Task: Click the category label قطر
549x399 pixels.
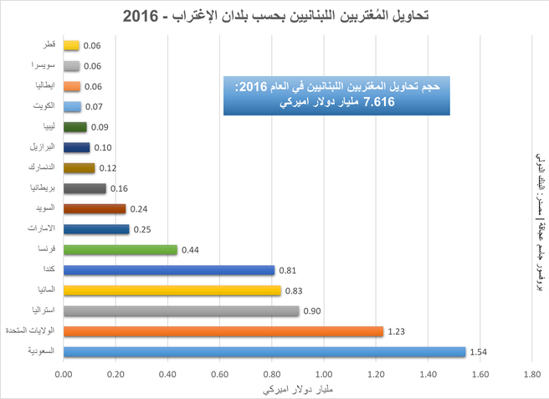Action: (48, 45)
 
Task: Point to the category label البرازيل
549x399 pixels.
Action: (41, 147)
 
